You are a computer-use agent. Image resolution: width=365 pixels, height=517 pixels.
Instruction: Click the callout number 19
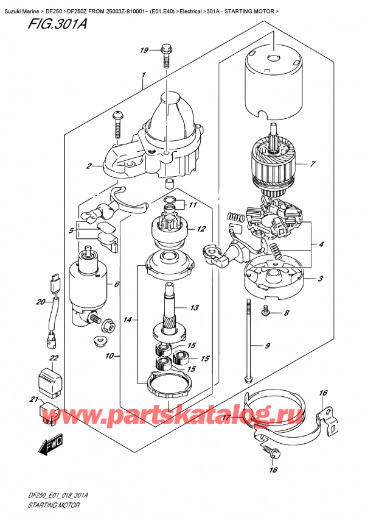(144, 51)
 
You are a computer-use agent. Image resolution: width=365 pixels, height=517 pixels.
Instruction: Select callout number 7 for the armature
(312, 164)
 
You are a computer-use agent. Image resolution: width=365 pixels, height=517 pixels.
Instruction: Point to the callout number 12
(201, 229)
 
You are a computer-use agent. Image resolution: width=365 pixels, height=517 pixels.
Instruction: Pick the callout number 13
(195, 308)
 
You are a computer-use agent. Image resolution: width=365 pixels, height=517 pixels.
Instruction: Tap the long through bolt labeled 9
(248, 341)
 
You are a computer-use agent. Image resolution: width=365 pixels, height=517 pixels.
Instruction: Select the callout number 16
(323, 393)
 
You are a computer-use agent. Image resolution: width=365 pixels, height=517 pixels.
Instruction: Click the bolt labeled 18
(272, 453)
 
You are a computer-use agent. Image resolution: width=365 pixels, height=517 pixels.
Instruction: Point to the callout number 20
(41, 302)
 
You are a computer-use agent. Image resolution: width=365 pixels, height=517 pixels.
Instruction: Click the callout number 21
(33, 399)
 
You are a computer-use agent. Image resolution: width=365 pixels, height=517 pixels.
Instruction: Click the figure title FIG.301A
(57, 24)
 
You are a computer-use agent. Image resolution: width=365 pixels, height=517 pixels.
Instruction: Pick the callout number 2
(89, 166)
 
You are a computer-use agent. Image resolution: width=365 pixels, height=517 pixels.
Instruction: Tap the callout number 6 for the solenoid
(117, 284)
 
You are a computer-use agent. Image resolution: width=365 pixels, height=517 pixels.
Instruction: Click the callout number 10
(109, 356)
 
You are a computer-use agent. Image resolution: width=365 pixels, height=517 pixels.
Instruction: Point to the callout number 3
(320, 279)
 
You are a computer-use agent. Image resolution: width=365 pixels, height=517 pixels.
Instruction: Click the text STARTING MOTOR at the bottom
(54, 505)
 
